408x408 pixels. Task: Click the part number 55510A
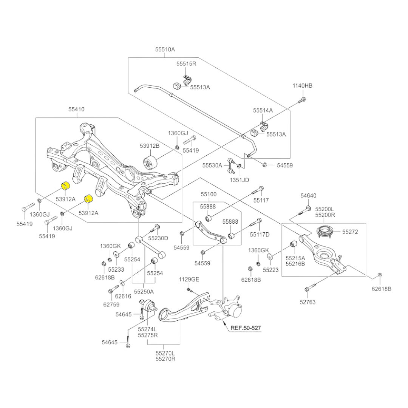coord(165,49)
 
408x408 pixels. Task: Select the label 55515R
coord(186,64)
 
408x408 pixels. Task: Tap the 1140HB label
coord(303,86)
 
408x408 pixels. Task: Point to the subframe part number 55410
coord(76,109)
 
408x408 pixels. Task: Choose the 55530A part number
coord(212,165)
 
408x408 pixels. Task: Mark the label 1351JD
coord(240,180)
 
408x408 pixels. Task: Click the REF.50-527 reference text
coord(246,328)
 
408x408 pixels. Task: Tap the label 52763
coord(308,302)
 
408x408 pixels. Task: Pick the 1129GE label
coord(189,279)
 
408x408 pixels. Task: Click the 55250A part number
coord(144,291)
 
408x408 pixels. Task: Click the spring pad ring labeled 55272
coord(324,231)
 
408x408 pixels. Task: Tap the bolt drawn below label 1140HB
coord(302,100)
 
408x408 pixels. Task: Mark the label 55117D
coord(260,235)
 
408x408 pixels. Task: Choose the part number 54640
coord(309,196)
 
